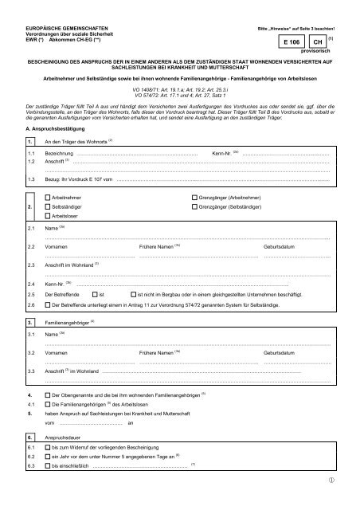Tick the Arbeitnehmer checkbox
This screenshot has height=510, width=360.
[49, 195]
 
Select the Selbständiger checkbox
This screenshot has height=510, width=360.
[49, 206]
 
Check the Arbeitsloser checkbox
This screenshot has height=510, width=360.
[49, 216]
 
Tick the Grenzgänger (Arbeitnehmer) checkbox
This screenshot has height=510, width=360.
[195, 195]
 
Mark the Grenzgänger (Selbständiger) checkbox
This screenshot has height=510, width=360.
[195, 206]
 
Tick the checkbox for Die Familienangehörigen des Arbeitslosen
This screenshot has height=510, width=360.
[46, 404]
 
